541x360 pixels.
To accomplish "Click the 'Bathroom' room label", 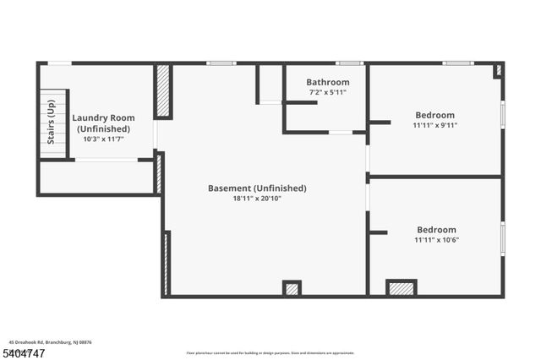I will (327, 82).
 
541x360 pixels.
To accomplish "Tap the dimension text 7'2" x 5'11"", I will (327, 92).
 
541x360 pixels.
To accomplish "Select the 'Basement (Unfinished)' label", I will (257, 188).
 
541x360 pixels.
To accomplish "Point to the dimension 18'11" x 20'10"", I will (257, 199).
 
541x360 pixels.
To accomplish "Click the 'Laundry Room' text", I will (103, 118).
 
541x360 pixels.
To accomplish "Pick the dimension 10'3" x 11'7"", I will (103, 139).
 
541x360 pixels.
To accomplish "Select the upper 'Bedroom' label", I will (434, 115).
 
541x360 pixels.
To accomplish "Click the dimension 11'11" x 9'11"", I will (434, 126).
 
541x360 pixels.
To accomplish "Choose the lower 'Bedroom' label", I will (436, 229).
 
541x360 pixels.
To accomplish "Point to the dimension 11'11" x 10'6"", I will (436, 240).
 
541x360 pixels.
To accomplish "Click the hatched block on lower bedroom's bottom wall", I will (402, 288).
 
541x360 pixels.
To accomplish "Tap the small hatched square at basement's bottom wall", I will (292, 289).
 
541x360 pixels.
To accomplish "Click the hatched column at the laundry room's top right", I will (164, 90).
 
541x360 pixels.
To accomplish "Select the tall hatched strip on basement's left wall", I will (167, 263).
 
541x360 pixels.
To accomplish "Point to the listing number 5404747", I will (26, 352).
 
